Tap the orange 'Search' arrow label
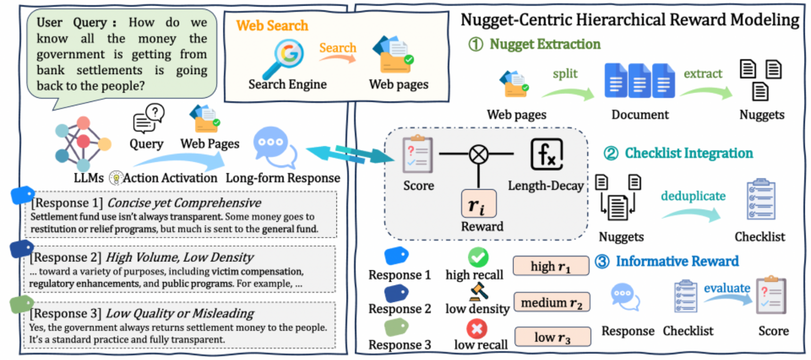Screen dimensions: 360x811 tap(338, 48)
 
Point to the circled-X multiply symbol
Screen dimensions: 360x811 tap(479, 154)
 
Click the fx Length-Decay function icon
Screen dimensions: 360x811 tap(547, 154)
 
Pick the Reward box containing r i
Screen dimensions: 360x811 tap(479, 204)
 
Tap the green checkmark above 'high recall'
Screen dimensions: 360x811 tap(478, 258)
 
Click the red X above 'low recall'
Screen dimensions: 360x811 tap(477, 329)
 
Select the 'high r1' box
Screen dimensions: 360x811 tap(551, 266)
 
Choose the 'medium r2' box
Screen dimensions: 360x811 tap(551, 302)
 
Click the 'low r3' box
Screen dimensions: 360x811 tap(552, 337)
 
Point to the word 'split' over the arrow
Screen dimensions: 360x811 tap(565, 74)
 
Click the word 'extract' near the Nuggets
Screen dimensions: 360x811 tap(703, 74)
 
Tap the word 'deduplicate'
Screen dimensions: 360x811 tap(693, 196)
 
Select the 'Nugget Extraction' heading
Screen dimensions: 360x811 tap(545, 44)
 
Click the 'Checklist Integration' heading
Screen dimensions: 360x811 tap(689, 153)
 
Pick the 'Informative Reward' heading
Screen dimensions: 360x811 tap(677, 261)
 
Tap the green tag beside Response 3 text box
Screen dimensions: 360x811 tap(21, 304)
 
